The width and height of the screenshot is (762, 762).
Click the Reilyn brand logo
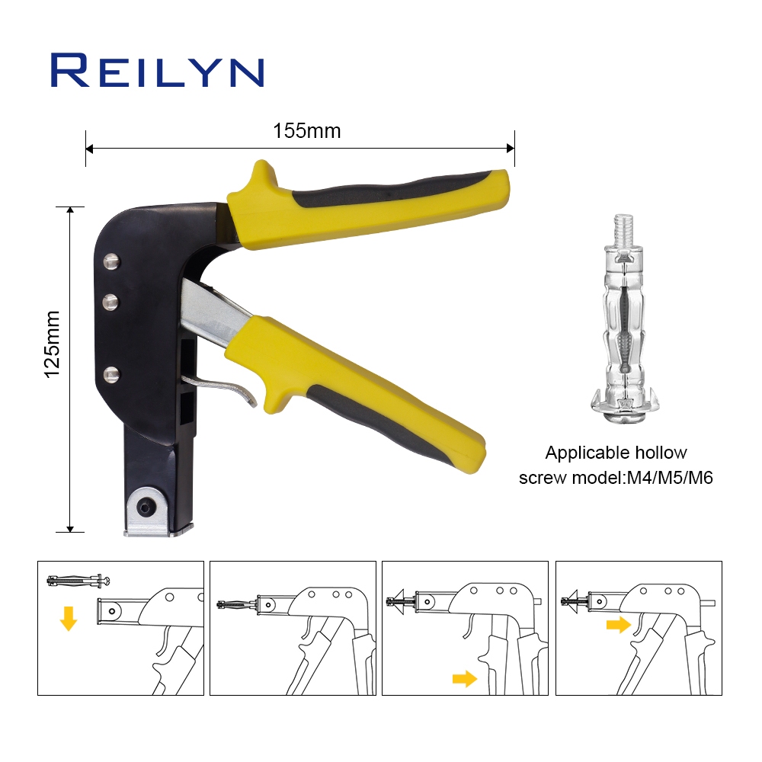(x=158, y=70)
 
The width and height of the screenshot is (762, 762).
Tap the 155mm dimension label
(x=306, y=131)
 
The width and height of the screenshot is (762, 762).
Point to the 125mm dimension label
(x=52, y=344)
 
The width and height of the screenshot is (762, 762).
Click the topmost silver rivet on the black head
(x=111, y=261)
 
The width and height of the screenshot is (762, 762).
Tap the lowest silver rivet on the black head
(x=111, y=375)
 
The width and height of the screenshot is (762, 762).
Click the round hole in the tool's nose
(x=145, y=507)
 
